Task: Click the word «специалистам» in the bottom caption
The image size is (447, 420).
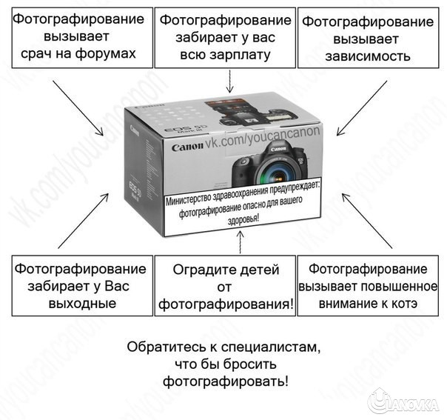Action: click(x=276, y=347)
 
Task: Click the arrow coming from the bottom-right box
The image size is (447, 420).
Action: click(x=367, y=219)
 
